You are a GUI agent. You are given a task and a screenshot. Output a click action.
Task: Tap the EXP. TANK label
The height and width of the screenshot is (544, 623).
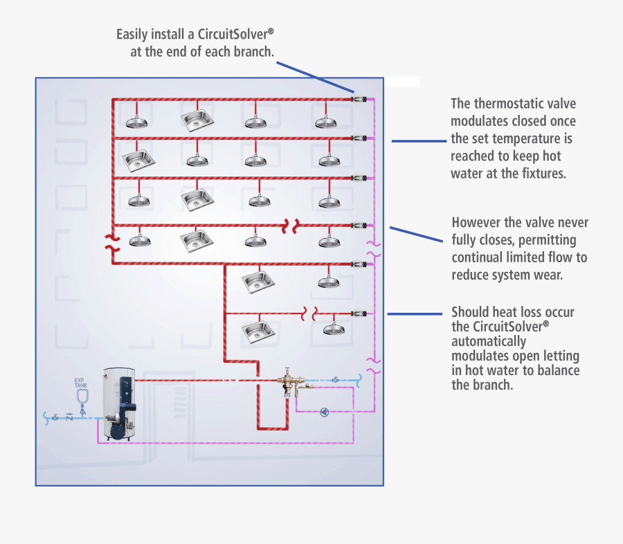pyautogui.click(x=81, y=383)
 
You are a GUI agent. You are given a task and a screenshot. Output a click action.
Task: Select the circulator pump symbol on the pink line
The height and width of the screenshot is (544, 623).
pyautogui.click(x=325, y=412)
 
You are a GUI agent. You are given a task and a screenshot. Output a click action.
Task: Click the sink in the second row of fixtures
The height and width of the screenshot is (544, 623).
pyautogui.click(x=137, y=161)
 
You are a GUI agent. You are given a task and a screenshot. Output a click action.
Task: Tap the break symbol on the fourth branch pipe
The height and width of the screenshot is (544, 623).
pyautogui.click(x=289, y=226)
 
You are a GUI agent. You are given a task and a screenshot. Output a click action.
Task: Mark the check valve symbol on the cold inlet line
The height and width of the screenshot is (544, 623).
pyautogui.click(x=69, y=417)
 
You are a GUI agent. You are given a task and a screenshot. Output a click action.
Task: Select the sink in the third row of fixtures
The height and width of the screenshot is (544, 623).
pyautogui.click(x=197, y=199)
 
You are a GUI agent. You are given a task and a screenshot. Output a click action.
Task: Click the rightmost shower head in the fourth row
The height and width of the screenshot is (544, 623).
pyautogui.click(x=328, y=241)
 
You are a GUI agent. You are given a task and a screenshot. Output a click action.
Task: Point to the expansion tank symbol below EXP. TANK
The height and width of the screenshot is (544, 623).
pyautogui.click(x=82, y=397)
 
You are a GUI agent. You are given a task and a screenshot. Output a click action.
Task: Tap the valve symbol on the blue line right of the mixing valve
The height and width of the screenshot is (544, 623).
pyautogui.click(x=334, y=379)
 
